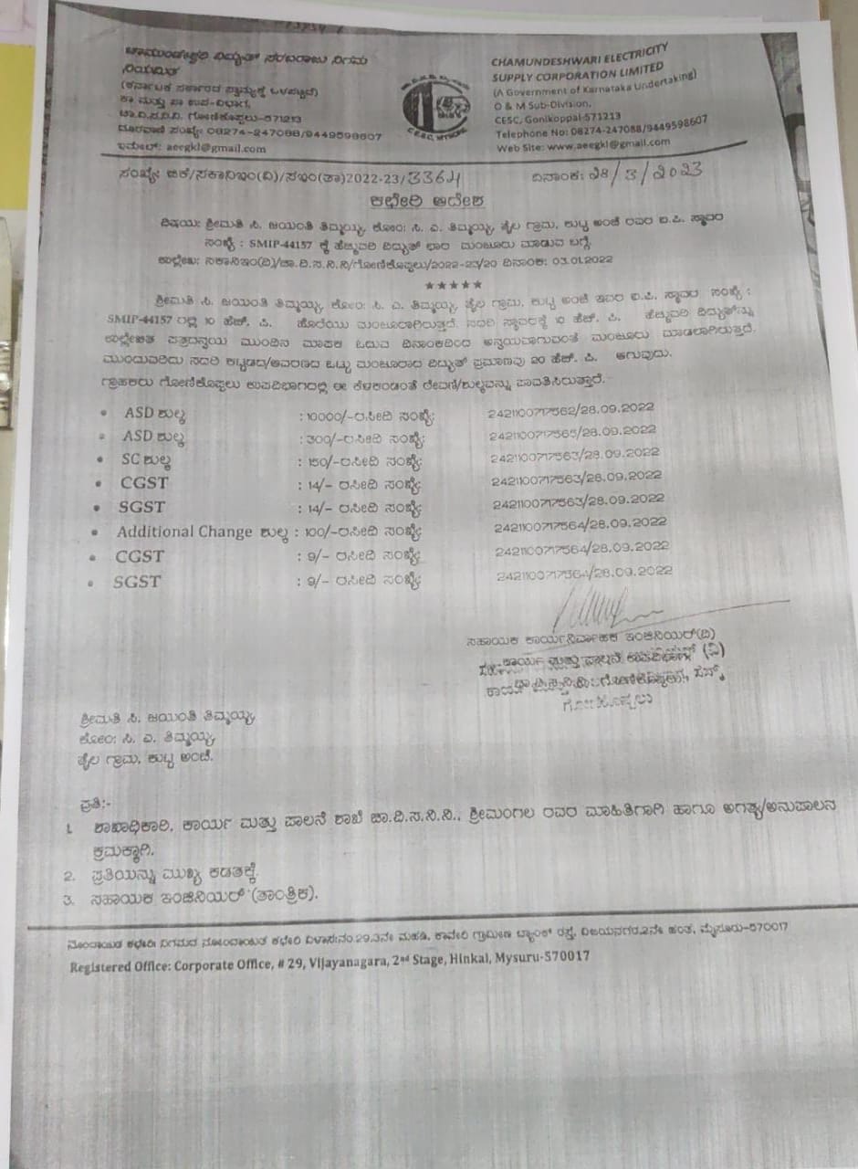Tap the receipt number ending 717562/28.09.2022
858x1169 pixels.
tap(572, 411)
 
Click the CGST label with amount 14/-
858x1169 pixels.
tap(141, 482)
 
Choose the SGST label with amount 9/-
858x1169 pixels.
tap(137, 582)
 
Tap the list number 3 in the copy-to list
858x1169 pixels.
tap(68, 900)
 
